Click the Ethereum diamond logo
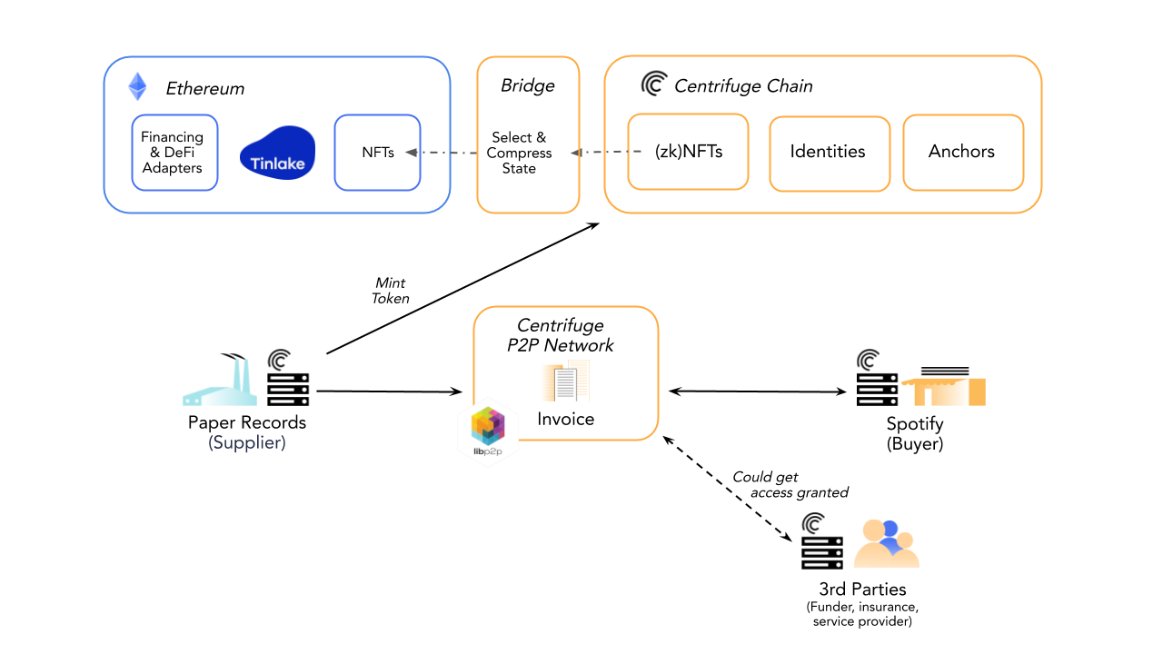point(137,86)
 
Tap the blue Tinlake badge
point(278,153)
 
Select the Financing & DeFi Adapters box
point(174,153)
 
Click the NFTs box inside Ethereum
point(377,153)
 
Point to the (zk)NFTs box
point(688,152)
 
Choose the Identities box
point(829,153)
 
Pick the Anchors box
point(962,153)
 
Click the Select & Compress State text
point(520,153)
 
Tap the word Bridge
point(527,86)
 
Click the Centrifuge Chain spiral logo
point(654,84)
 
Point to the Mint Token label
point(391,291)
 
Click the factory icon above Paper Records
point(221,381)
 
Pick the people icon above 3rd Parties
point(886,543)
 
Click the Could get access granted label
point(790,485)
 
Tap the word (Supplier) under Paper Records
point(246,443)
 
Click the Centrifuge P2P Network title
point(565,335)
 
